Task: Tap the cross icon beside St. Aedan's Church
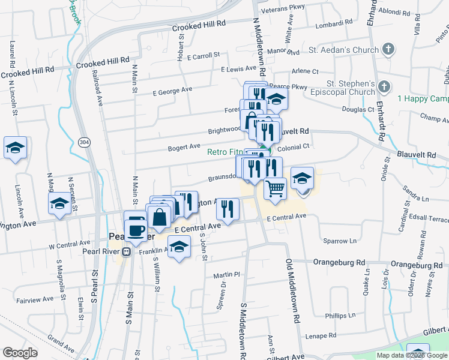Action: pos(388,49)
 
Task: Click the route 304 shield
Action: pos(85,142)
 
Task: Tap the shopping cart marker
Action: pos(275,188)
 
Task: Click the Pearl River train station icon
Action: pos(127,251)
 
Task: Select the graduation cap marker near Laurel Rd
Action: pos(15,148)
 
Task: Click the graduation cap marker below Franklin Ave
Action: pos(179,247)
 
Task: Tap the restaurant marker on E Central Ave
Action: pos(228,208)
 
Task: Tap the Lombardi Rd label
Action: pos(332,23)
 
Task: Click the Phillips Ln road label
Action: pos(340,315)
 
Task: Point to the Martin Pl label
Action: pos(227,275)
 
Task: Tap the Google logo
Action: pos(20,353)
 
